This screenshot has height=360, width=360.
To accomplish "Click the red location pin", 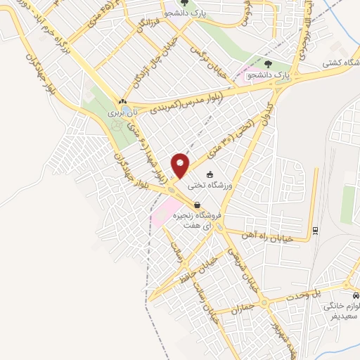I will point(181,165).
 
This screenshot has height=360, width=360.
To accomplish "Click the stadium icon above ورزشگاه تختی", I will point(209,174).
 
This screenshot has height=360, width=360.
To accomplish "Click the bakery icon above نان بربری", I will point(122,102).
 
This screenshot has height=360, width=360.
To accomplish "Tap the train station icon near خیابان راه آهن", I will point(316,230).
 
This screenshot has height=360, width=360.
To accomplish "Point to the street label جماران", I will point(246,307).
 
